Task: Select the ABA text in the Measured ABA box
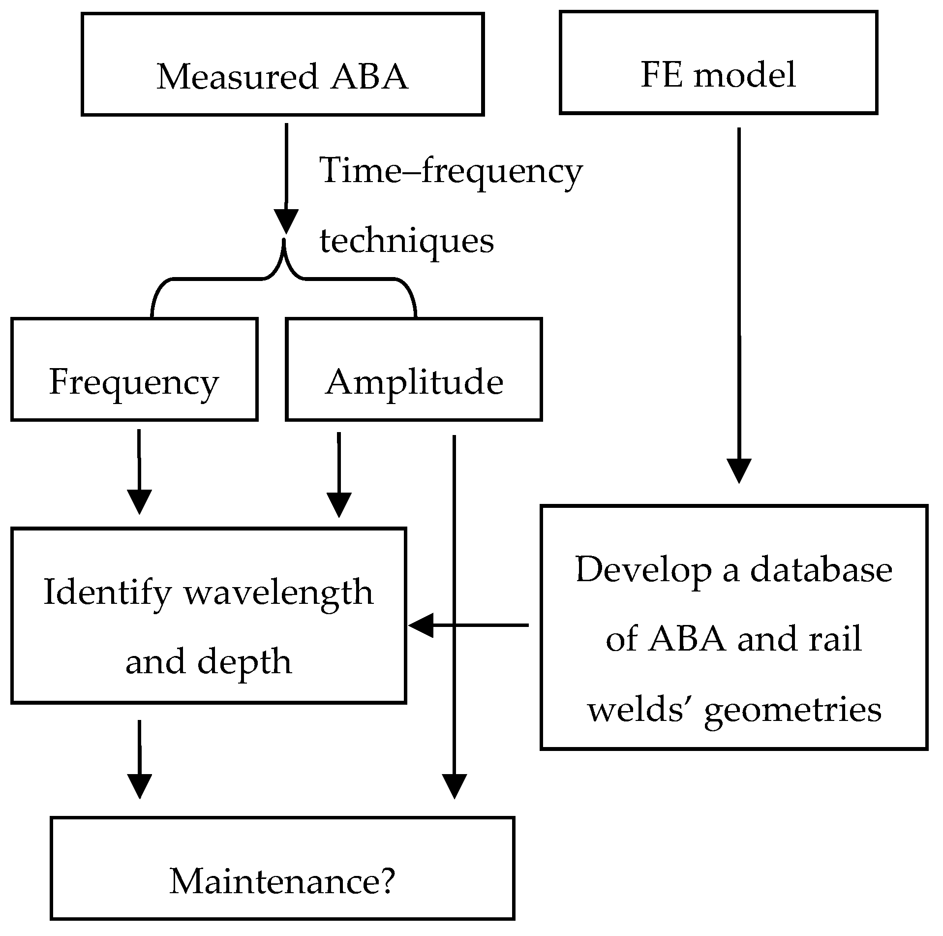(369, 77)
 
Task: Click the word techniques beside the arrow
(407, 241)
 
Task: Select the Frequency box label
(134, 382)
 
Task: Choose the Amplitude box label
(414, 382)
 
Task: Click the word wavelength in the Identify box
(278, 592)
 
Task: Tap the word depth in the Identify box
(244, 661)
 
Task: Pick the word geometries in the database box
(792, 710)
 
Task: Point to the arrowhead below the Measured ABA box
(286, 221)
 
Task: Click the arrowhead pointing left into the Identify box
(421, 625)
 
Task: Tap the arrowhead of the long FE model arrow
(739, 470)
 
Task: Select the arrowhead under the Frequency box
(139, 502)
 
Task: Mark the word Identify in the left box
(107, 592)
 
